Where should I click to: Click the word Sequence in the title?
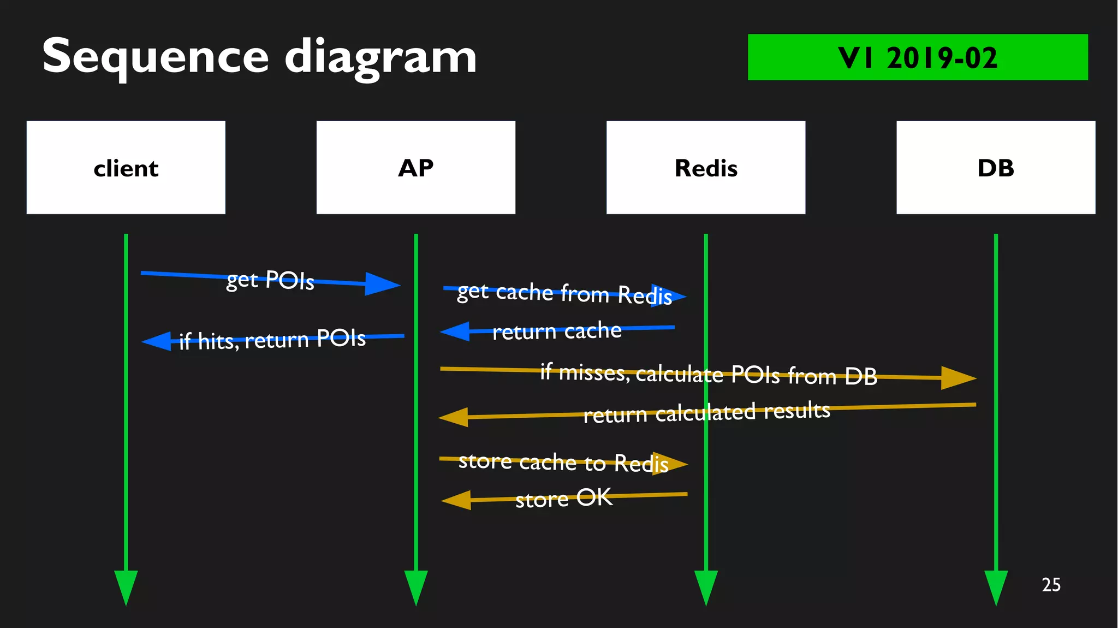coord(155,57)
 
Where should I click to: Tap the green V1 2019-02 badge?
coord(917,57)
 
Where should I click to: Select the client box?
coord(126,168)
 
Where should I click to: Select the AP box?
coord(415,168)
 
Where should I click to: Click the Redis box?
coord(705,168)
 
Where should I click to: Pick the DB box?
coord(995,168)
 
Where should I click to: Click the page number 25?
coord(1051,585)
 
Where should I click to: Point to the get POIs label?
coord(270,280)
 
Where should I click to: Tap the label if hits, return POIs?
coord(272,340)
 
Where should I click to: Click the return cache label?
coord(557,331)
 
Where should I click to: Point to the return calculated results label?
coord(706,412)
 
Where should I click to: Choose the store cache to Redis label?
coord(563,463)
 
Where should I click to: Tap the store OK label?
coord(563,498)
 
